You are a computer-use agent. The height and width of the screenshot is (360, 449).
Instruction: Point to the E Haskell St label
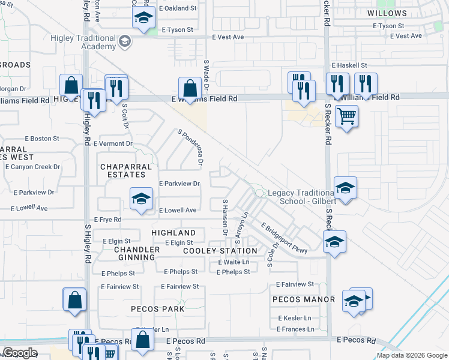pos(349,65)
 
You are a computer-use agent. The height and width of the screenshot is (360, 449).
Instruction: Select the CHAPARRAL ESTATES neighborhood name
pos(123,170)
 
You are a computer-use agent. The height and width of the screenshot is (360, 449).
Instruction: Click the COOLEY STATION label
pos(220,250)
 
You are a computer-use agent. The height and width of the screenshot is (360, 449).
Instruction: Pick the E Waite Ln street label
pos(234,262)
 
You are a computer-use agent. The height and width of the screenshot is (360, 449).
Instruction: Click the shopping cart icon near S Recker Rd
pos(346,115)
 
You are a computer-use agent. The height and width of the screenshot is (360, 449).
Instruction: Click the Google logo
pos(20,353)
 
